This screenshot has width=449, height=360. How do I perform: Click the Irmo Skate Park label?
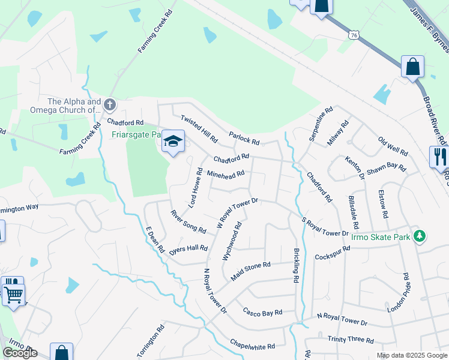(x=390, y=238)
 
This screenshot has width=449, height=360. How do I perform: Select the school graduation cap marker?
(x=173, y=141)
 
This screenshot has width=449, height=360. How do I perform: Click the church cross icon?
(x=109, y=105)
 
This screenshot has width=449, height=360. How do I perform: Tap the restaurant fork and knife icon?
(x=440, y=157)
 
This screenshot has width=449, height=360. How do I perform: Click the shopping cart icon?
(x=13, y=294)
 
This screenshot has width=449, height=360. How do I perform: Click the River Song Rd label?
(x=188, y=222)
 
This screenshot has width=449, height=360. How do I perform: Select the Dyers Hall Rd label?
(x=188, y=248)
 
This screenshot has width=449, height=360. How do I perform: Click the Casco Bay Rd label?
(x=262, y=312)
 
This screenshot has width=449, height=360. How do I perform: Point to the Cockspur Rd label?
(x=332, y=253)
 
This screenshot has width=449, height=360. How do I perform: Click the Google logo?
(x=20, y=353)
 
